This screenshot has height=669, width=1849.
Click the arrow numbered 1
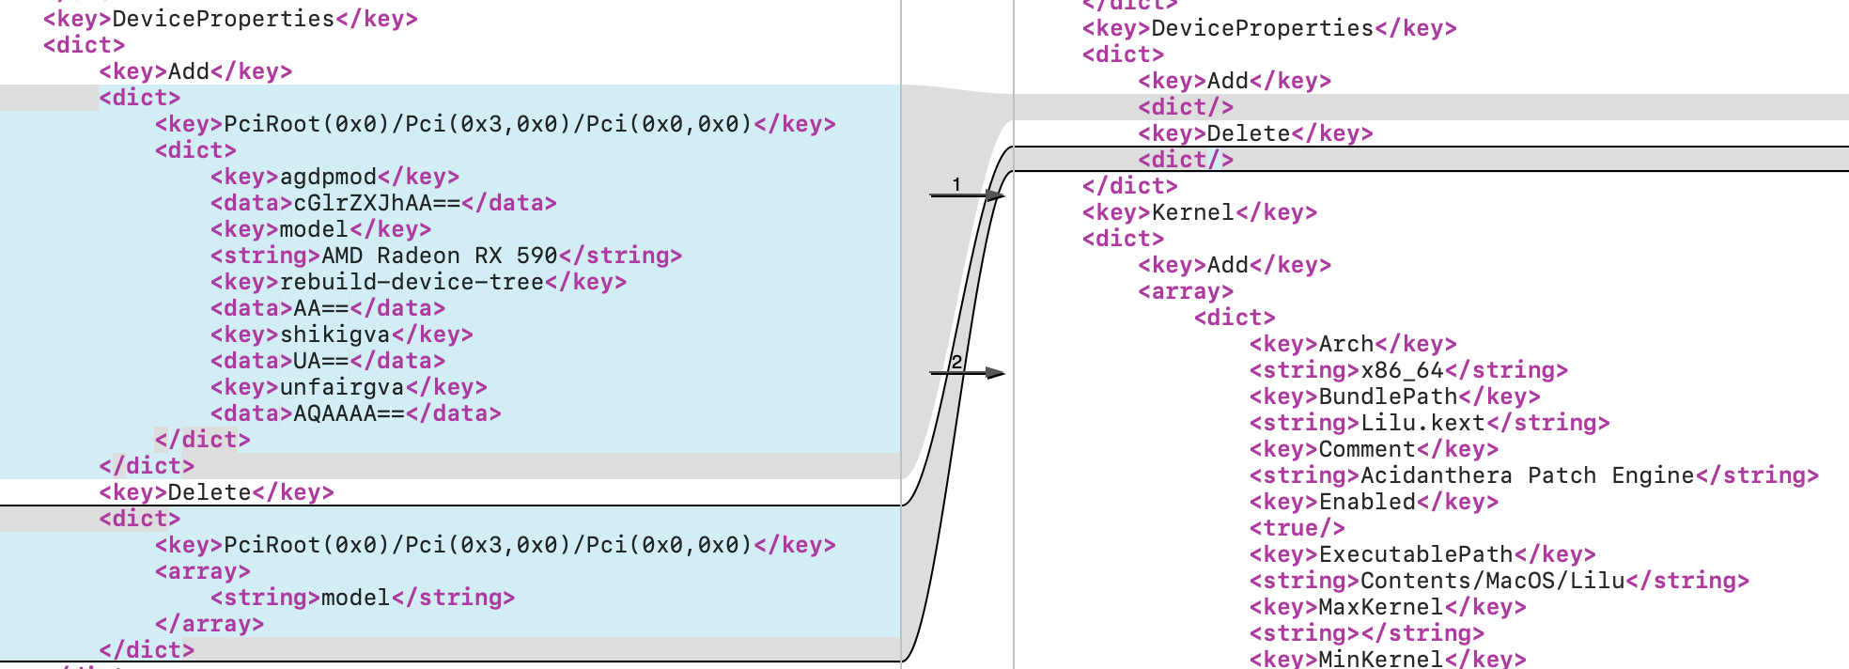[x=968, y=194]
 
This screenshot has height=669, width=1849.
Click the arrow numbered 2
[x=968, y=373]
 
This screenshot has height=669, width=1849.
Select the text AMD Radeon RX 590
[x=440, y=256]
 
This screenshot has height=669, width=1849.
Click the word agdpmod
[x=328, y=177]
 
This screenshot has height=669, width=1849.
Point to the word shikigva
[x=334, y=334]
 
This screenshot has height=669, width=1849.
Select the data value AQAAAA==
[x=350, y=413]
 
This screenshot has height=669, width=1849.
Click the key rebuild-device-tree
[x=412, y=282]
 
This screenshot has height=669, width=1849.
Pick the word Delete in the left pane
[x=210, y=492]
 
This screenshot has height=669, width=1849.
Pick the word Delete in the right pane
[x=1249, y=133]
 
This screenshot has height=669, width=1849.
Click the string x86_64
[x=1403, y=370]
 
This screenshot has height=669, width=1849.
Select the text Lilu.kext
[x=1422, y=423]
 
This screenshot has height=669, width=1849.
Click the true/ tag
[x=1297, y=528]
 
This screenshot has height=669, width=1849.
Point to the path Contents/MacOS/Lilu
[x=1492, y=581]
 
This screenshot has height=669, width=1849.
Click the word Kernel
[x=1193, y=212]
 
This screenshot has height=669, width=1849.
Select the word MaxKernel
[x=1380, y=607]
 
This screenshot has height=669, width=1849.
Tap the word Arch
[x=1346, y=344]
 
